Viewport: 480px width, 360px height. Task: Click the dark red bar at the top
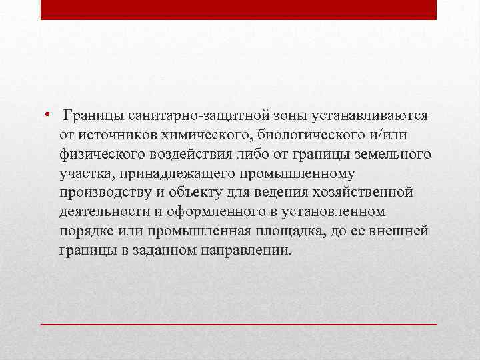239,9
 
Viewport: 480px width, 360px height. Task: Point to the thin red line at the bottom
239,323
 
